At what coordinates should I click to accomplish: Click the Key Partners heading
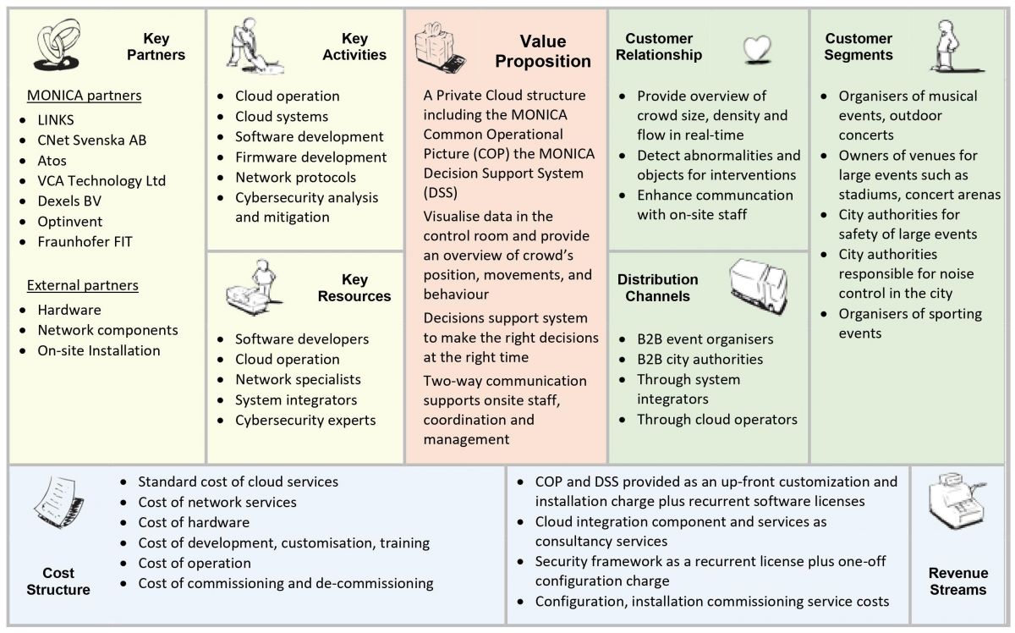tap(156, 47)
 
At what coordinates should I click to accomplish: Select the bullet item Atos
tap(52, 160)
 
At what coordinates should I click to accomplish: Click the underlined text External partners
tap(83, 285)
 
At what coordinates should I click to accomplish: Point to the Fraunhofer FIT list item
tap(85, 241)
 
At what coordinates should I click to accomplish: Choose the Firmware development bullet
tap(310, 157)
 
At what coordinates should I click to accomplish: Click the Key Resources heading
tap(354, 288)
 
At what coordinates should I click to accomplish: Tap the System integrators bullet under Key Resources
tap(296, 399)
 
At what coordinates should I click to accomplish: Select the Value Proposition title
tap(543, 51)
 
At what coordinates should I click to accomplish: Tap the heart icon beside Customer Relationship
tap(755, 50)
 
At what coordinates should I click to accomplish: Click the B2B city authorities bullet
tap(700, 359)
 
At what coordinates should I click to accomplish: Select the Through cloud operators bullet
tap(716, 419)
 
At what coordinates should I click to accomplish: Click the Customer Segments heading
tap(859, 47)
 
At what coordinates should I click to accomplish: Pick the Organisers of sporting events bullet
tap(898, 323)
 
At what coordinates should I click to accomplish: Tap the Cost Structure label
tap(58, 581)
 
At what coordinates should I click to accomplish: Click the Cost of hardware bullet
tap(194, 522)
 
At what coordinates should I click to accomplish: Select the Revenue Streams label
tap(957, 581)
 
